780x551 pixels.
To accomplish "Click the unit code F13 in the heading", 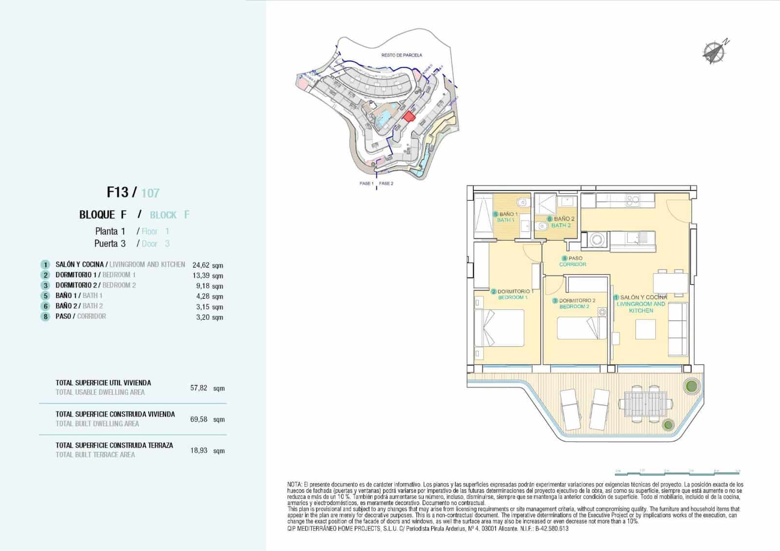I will (x=117, y=192).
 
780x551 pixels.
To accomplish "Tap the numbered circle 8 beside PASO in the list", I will (x=45, y=317).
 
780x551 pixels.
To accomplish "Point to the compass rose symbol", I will (x=714, y=51).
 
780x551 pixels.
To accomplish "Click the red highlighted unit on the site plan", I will (x=408, y=117).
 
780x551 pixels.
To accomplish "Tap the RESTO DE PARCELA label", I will (x=401, y=56).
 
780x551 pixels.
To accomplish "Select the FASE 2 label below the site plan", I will (x=386, y=184).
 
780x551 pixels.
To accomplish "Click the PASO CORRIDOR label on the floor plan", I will (x=572, y=261).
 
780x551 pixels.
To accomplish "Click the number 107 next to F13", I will (x=150, y=194).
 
